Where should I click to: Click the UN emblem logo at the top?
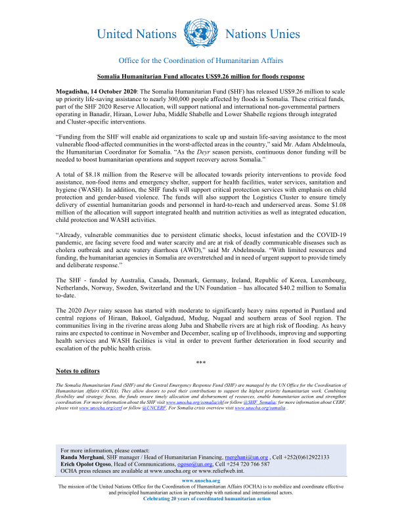[x=200, y=33]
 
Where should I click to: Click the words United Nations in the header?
[x=136, y=34]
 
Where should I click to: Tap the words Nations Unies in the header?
[x=263, y=34]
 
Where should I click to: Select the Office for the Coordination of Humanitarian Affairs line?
[x=201, y=61]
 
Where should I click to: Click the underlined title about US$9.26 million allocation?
[x=200, y=77]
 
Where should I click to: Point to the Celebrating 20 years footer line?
[x=200, y=498]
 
